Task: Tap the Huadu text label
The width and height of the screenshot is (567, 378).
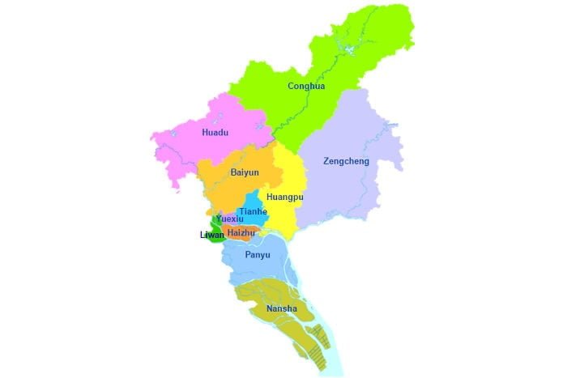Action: click(x=215, y=132)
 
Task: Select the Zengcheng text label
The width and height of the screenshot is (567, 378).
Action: click(x=346, y=161)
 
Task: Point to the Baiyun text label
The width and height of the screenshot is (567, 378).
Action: click(x=245, y=172)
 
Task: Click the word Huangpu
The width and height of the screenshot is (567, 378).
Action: click(x=283, y=197)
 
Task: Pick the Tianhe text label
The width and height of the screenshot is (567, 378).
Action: click(x=253, y=212)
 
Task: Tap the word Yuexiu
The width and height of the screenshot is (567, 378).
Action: click(x=230, y=219)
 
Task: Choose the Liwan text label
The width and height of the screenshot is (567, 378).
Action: click(x=211, y=235)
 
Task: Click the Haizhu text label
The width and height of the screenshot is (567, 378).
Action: click(x=241, y=233)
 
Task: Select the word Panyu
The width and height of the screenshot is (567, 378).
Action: click(x=257, y=255)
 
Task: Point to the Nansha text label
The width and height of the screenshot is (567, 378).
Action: click(x=281, y=309)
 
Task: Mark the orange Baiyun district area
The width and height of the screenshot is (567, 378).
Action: click(x=231, y=190)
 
